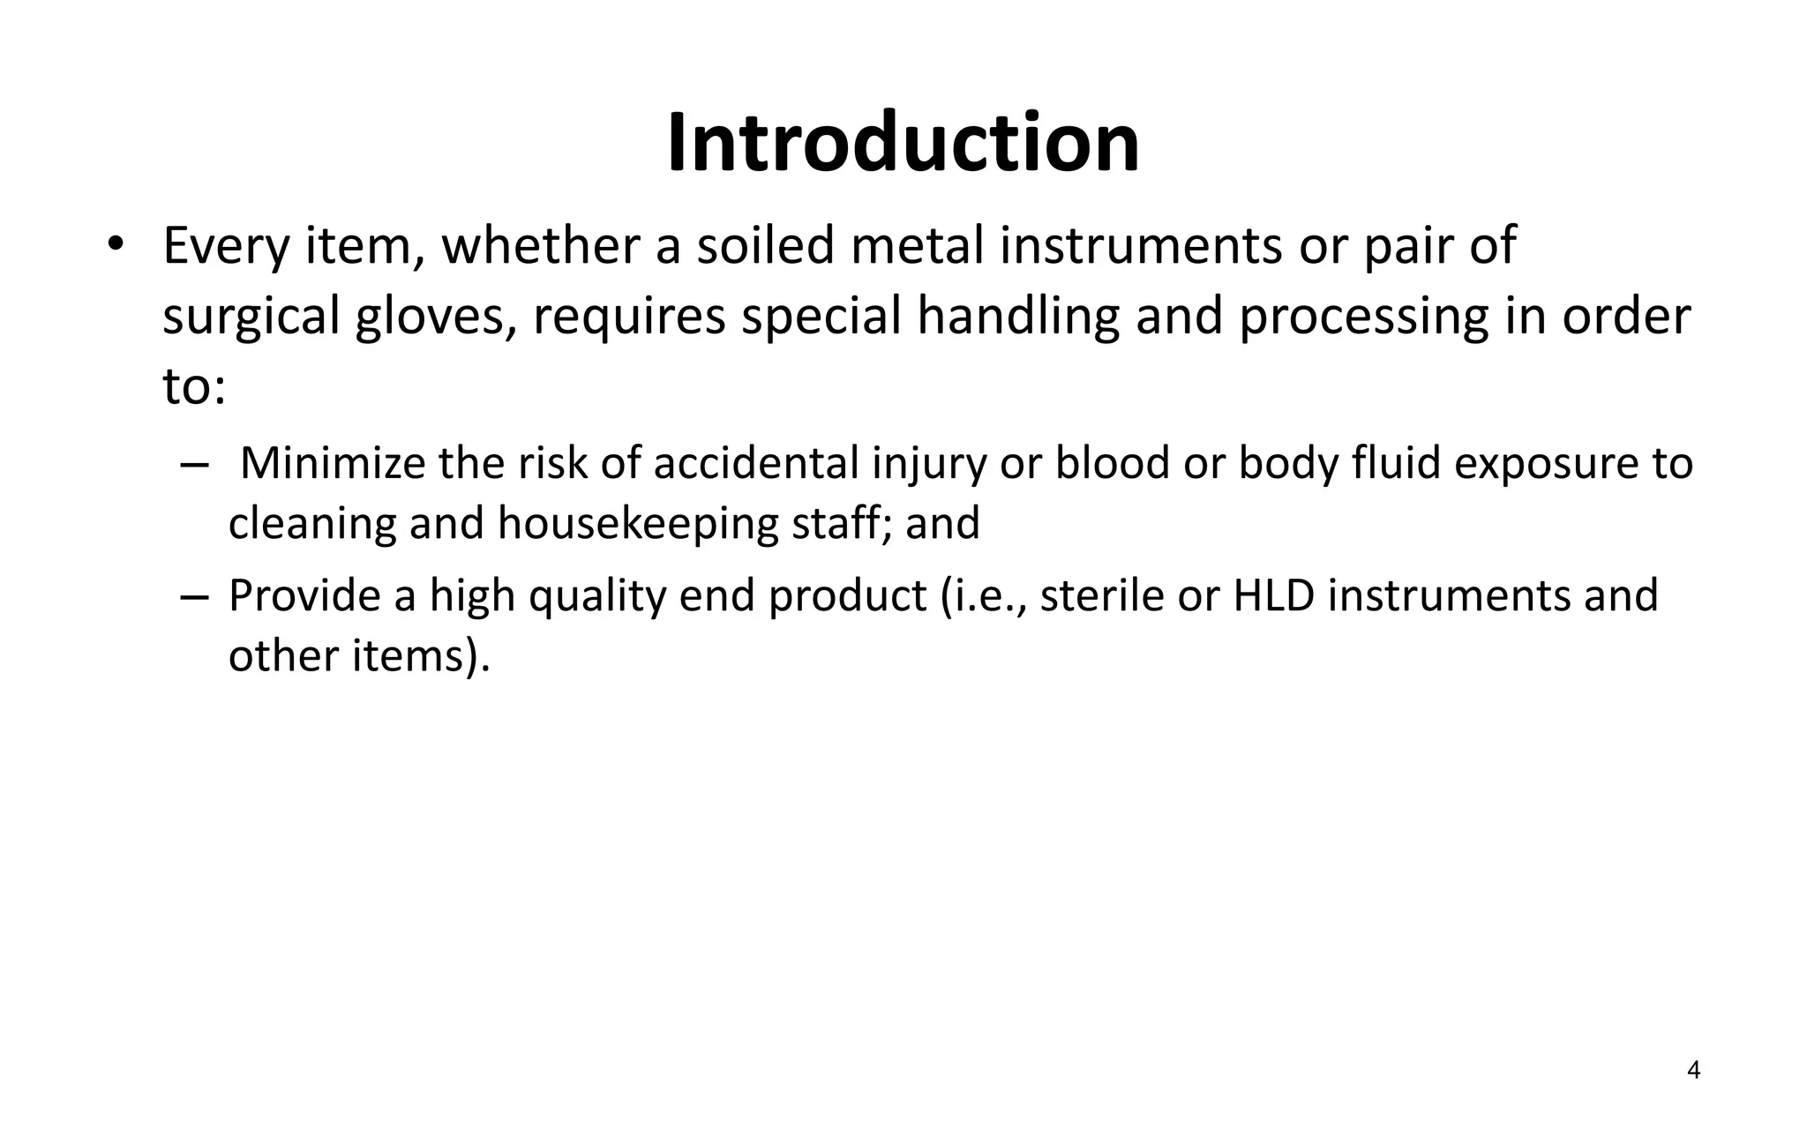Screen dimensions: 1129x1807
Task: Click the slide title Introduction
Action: [903, 143]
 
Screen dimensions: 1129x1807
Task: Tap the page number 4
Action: [1693, 1071]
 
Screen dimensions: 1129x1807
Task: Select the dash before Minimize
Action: [193, 466]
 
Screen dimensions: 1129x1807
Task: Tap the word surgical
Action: [251, 318]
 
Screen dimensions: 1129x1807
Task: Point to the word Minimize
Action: [333, 464]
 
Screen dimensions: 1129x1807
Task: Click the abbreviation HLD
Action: [1273, 596]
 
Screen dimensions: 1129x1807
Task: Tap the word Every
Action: [226, 247]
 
